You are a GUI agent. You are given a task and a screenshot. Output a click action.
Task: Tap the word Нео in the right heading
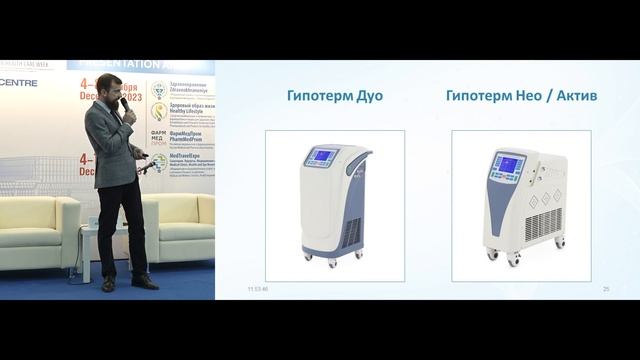pyautogui.click(x=520, y=97)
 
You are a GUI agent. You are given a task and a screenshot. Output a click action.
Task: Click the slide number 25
pyautogui.click(x=606, y=289)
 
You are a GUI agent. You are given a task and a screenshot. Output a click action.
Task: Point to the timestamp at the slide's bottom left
pyautogui.click(x=258, y=289)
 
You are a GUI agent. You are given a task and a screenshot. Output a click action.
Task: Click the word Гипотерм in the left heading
pyautogui.click(x=316, y=97)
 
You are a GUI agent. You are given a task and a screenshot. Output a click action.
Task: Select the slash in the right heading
pyautogui.click(x=541, y=97)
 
